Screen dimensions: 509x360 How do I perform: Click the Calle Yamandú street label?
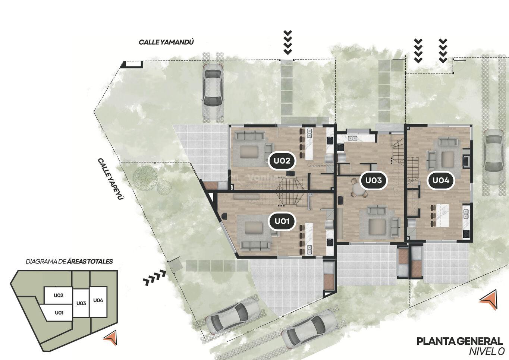[166, 42]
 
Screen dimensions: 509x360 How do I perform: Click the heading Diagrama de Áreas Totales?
[69, 261]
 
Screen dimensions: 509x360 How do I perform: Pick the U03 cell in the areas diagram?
[81, 303]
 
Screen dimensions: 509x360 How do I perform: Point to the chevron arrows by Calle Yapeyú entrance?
[155, 277]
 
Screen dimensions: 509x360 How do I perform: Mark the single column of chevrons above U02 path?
[288, 43]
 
